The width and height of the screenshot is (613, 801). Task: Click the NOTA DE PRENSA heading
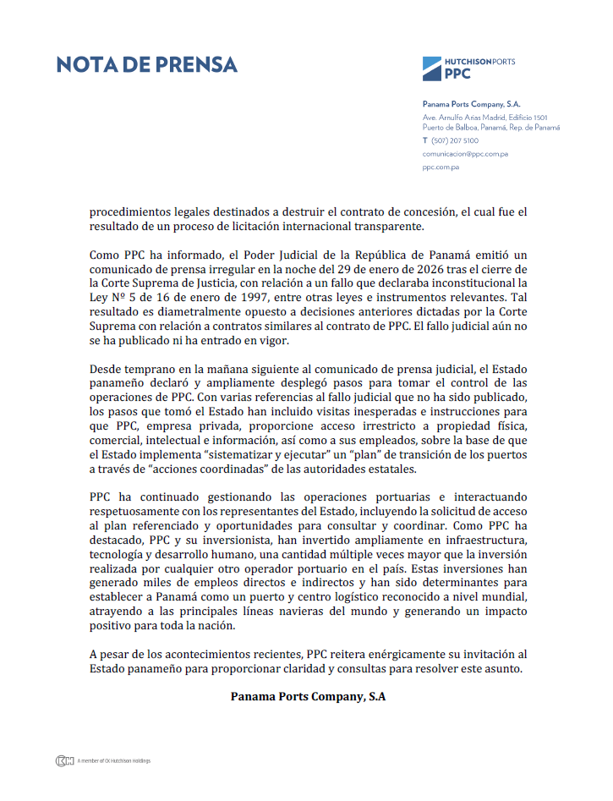pos(147,65)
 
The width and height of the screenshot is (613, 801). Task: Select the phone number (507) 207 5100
pos(455,140)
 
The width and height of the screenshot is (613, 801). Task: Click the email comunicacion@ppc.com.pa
pos(465,154)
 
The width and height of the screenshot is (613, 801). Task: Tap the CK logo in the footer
pos(64,761)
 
